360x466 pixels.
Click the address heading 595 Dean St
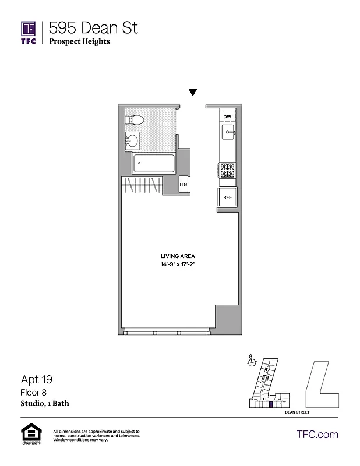(93, 27)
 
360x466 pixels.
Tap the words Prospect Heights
(79, 41)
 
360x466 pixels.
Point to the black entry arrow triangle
(193, 93)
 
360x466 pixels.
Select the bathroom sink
(133, 140)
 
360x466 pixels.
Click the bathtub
(154, 164)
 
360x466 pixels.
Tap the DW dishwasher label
(227, 117)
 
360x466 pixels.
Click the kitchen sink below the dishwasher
(227, 133)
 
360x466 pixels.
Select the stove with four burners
(227, 171)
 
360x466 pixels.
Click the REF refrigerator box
(227, 197)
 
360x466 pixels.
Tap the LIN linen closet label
(183, 185)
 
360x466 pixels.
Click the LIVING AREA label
(178, 256)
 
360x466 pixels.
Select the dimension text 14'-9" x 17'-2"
(178, 265)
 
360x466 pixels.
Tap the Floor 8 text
(32, 393)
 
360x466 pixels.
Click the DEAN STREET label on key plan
(298, 412)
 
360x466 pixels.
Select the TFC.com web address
(317, 434)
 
